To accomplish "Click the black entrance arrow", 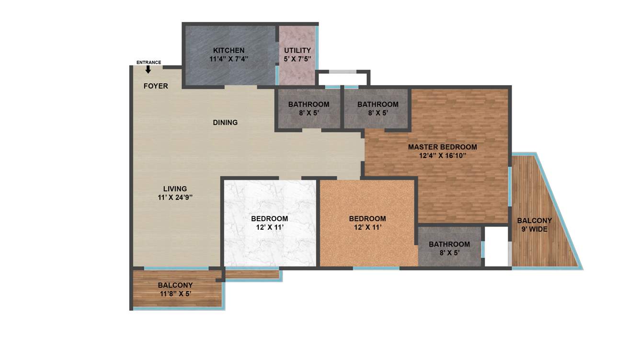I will point(148,69).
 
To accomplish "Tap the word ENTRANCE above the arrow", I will point(149,62).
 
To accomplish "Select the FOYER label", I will point(156,86).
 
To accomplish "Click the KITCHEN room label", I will point(229,50).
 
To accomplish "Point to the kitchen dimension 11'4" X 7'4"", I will point(229,59).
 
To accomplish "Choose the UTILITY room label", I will point(297,50).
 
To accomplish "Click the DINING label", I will point(225,123).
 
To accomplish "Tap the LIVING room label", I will point(175,189).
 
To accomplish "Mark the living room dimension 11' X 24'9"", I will point(175,197).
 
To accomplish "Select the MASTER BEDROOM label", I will point(443,147).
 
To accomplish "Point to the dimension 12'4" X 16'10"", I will point(443,156).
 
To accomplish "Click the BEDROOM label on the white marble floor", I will point(270,219).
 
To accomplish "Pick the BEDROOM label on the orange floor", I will point(367,219).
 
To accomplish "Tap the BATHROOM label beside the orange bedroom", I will point(449,244).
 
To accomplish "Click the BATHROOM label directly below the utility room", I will point(309,104).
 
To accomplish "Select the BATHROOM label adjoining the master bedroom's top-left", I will point(377,104).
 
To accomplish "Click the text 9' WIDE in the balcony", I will point(535,229).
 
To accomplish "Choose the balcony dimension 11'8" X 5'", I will point(176,294).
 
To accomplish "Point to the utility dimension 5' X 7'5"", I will point(297,59).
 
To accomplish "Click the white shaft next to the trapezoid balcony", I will point(496,247).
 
